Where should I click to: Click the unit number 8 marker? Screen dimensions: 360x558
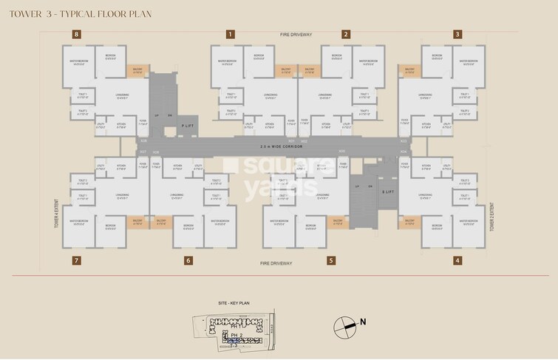pos(76,34)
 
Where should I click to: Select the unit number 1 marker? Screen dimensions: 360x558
pos(231,34)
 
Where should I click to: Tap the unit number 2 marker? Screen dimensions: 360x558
pos(345,34)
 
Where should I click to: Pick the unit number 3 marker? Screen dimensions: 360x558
pos(457,34)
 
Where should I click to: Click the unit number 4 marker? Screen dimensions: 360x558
pos(457,260)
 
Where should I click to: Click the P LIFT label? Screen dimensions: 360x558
pos(188,126)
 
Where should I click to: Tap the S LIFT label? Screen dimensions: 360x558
pos(387,191)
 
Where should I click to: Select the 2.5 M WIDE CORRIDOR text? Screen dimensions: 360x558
pos(279,146)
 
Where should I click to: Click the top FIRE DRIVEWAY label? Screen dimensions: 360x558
pos(296,35)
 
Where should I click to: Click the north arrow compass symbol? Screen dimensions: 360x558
pos(344,322)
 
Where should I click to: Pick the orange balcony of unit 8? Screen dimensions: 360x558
pos(137,71)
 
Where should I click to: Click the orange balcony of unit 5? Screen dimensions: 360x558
pos(337,221)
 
